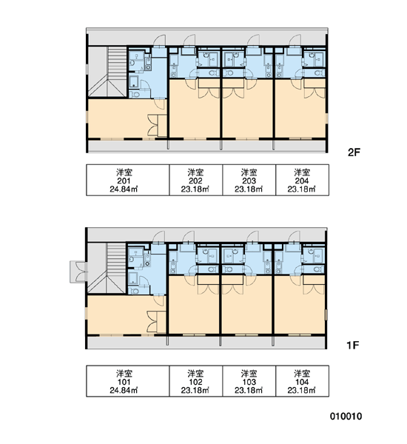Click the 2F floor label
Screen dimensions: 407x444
click(x=354, y=152)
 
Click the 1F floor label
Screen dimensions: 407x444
click(x=353, y=345)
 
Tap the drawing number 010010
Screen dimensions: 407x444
click(x=346, y=416)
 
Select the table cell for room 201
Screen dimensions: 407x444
click(x=128, y=180)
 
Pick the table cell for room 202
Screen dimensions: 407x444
click(x=196, y=180)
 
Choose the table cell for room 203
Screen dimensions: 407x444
click(x=249, y=180)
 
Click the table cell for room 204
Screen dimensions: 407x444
click(x=302, y=180)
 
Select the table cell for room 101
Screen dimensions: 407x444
click(x=128, y=381)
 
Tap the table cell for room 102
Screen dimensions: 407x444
click(x=196, y=381)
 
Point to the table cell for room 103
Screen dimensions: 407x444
click(x=249, y=381)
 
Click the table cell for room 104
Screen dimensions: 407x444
click(x=302, y=381)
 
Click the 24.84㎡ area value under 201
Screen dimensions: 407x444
click(x=124, y=189)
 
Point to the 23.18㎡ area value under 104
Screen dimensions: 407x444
click(x=302, y=390)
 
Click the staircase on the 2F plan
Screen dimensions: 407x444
click(x=107, y=72)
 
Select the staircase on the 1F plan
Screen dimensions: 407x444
click(x=107, y=268)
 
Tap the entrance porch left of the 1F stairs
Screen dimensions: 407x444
click(x=78, y=272)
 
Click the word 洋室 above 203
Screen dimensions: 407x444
click(x=249, y=172)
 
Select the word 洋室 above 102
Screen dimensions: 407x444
click(x=195, y=373)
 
